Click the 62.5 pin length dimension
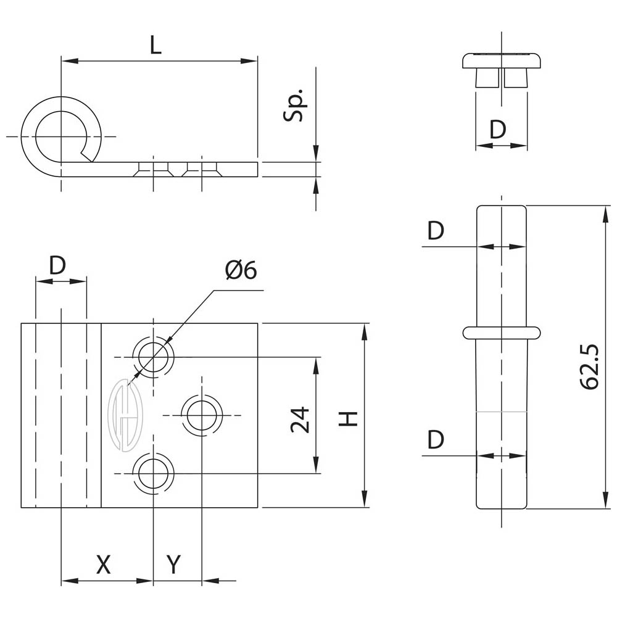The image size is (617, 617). pyautogui.click(x=590, y=368)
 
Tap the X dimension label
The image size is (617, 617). pyautogui.click(x=104, y=564)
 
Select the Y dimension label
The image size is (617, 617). pyautogui.click(x=175, y=564)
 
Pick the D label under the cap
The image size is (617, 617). pyautogui.click(x=497, y=130)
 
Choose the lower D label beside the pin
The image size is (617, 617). pyautogui.click(x=436, y=440)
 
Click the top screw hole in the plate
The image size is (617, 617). pyautogui.click(x=154, y=356)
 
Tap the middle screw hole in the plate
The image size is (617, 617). pyautogui.click(x=201, y=415)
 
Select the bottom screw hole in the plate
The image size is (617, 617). pyautogui.click(x=154, y=473)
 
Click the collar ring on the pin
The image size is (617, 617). pyautogui.click(x=502, y=332)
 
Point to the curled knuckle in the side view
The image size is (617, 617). pyautogui.click(x=60, y=135)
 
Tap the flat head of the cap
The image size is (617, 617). pyautogui.click(x=502, y=60)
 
